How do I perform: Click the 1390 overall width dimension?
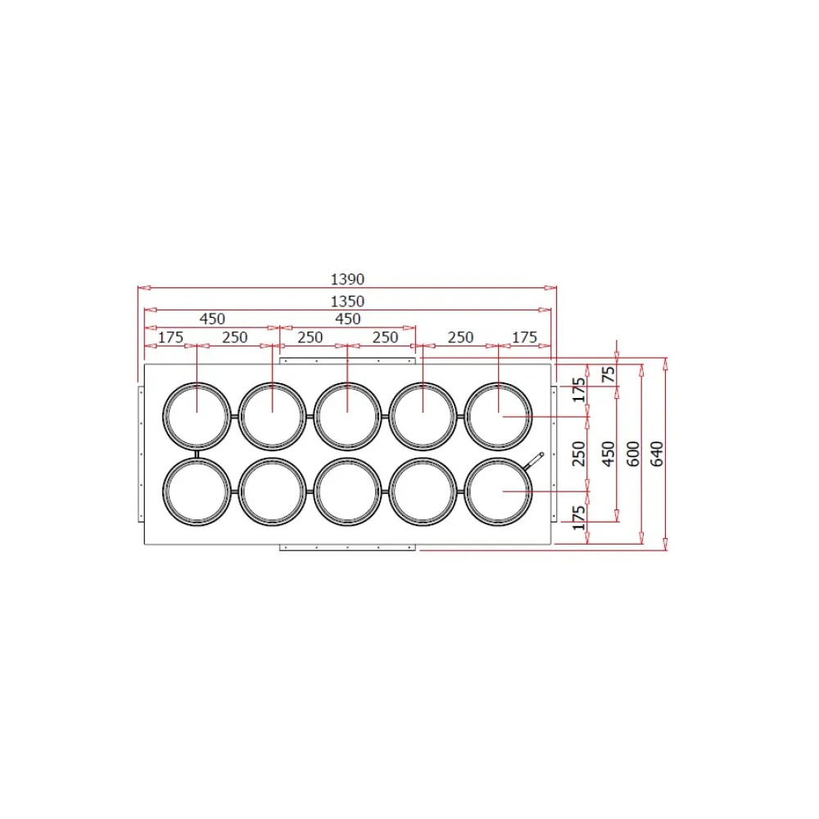coord(347,279)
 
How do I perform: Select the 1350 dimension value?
coord(347,301)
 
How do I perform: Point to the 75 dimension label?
coord(609,374)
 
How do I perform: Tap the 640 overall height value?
coord(657,454)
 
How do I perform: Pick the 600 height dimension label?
coord(632,454)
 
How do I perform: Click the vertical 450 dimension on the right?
coord(609,454)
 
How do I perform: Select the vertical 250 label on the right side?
coord(579,454)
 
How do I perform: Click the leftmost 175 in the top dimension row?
coord(171,337)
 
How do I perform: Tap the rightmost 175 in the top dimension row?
coord(524,337)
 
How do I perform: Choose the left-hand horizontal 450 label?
coord(212,319)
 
